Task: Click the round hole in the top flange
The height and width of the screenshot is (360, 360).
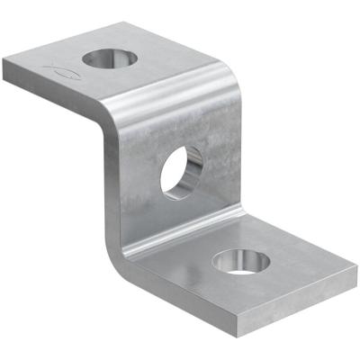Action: pos(110,59)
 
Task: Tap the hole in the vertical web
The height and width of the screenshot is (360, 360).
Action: pos(183,171)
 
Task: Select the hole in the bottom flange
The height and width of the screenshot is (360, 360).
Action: pos(240,261)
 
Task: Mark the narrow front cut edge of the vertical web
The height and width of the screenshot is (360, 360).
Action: pos(112,180)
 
